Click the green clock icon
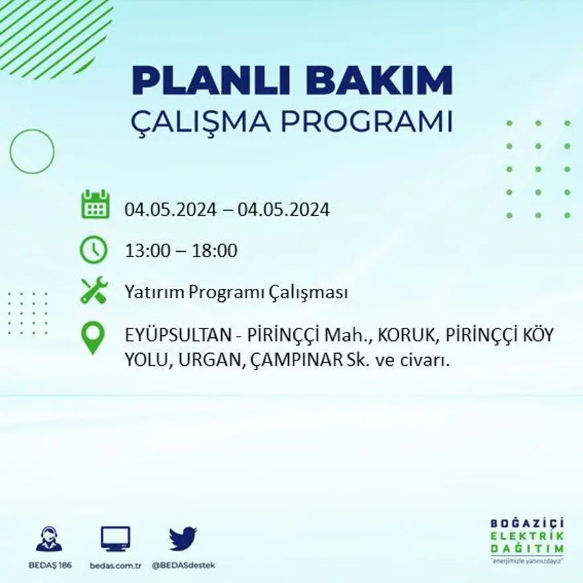(x=93, y=250)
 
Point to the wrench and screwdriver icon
(x=93, y=291)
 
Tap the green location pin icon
(x=93, y=337)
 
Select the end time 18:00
(x=214, y=251)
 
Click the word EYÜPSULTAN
(x=176, y=335)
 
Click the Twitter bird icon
(x=183, y=539)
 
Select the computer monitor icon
(x=115, y=539)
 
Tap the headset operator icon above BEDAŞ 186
(x=49, y=539)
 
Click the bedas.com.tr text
(x=116, y=566)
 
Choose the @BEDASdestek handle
(x=184, y=566)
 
